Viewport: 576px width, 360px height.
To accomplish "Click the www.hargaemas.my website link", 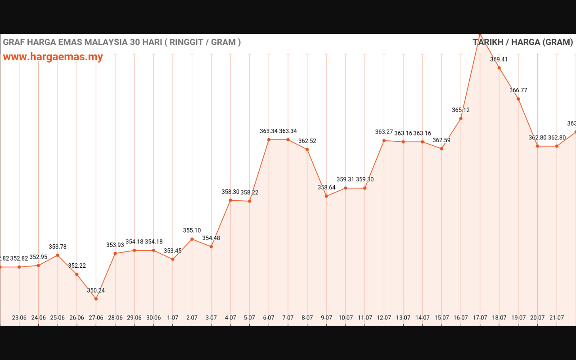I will [x=53, y=57].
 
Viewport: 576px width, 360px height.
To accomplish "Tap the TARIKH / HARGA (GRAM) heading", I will [x=522, y=42].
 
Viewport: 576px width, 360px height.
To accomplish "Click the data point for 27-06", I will [x=96, y=299].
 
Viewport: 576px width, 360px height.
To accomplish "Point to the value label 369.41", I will [x=499, y=59].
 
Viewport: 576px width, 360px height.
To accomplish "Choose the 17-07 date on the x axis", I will [x=480, y=318].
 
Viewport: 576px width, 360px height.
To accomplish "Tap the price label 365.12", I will [x=461, y=110].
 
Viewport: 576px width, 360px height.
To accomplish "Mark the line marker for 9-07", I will [x=326, y=196].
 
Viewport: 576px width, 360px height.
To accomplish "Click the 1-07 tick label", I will [x=173, y=318].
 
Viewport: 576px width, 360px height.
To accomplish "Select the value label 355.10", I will [x=192, y=230].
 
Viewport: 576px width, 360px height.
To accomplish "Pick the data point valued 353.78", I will [x=58, y=255].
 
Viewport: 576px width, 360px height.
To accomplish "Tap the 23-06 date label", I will [x=19, y=318].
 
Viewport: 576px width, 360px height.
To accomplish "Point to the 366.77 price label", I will [x=518, y=90].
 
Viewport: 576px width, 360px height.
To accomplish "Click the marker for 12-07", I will [x=384, y=140].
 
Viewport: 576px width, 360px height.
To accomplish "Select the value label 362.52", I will [x=307, y=141].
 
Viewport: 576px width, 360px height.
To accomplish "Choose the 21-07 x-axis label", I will [x=557, y=318].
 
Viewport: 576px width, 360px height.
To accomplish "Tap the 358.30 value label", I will [x=230, y=192].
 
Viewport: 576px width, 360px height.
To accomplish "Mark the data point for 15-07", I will [x=441, y=148].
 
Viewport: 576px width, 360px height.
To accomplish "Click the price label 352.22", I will [x=76, y=265].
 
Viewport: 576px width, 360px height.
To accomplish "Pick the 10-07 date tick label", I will [x=346, y=318].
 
